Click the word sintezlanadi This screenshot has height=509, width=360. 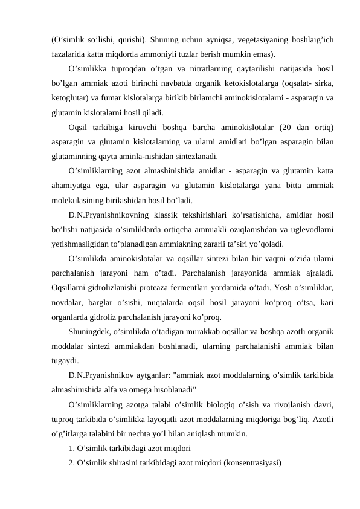pos(193,157)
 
